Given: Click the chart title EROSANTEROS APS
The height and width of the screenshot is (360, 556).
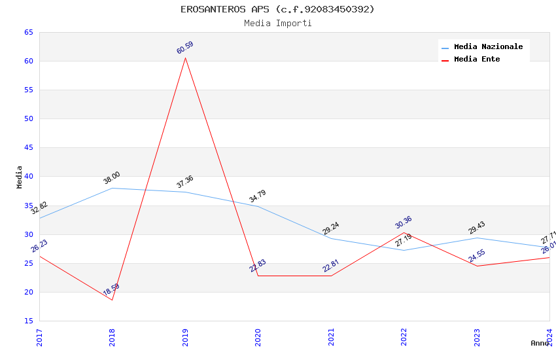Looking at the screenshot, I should click(277, 9).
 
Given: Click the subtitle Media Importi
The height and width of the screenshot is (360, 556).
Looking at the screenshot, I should click(277, 24).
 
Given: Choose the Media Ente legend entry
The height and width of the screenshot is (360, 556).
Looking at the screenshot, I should click(477, 60).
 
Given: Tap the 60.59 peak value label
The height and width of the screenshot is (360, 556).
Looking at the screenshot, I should click(185, 48).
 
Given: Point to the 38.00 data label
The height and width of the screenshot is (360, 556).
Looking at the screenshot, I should click(112, 178).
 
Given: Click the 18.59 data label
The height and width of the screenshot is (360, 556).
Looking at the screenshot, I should click(111, 290).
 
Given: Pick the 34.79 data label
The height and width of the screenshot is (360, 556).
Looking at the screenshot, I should click(258, 196).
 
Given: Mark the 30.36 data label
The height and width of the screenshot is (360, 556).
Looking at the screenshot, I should click(404, 223).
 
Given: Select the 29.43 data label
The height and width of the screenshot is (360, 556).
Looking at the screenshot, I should click(476, 228).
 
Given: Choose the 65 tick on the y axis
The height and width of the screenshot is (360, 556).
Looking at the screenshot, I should click(29, 33).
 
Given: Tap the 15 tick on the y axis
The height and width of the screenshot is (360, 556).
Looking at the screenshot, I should click(29, 321).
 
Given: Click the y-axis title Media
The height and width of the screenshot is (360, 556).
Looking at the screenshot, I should click(20, 177).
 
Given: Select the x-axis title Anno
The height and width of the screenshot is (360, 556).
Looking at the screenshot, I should click(540, 343).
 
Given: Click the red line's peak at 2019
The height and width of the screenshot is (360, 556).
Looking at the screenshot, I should click(185, 58).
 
